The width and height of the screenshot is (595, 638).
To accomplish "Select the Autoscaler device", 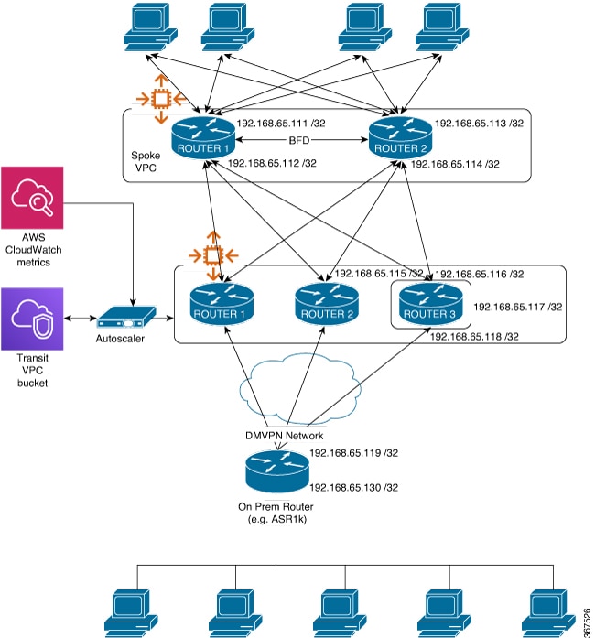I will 124,319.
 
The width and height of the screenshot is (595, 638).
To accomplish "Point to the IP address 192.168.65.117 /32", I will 519,307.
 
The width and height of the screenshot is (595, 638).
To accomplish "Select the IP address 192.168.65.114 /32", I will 455,165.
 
